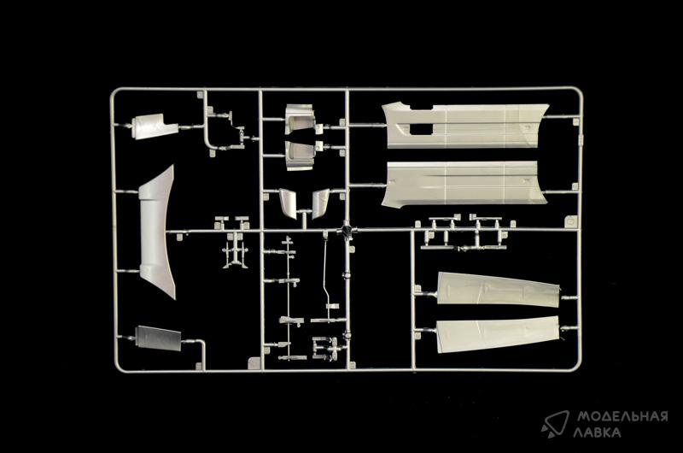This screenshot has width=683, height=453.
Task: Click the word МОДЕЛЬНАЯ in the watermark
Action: click(x=622, y=416)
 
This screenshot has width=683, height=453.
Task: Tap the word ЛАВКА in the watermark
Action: click(x=597, y=432)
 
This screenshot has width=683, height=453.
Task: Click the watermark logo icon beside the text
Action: click(x=555, y=424)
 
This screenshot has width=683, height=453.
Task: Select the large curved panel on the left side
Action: click(x=156, y=232)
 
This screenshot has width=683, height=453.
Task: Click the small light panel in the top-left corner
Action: click(x=155, y=126)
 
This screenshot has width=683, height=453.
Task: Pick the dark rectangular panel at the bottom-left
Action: click(x=158, y=338)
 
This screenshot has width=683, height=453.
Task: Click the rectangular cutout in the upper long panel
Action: click(x=421, y=128)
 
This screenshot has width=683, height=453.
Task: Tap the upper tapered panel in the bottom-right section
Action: click(x=498, y=290)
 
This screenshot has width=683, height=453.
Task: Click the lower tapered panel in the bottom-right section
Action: click(x=498, y=334)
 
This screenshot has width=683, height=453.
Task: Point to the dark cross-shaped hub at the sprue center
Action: click(x=347, y=229)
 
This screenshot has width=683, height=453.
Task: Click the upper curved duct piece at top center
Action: click(x=301, y=119)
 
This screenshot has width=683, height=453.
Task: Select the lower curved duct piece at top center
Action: click(x=300, y=155)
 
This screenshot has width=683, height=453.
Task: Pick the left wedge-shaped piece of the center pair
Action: click(x=289, y=203)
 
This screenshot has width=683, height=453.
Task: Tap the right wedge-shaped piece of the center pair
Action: click(x=320, y=203)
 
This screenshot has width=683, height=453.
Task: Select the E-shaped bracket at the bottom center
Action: click(x=324, y=349)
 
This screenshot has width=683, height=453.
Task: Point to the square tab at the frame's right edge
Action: click(x=570, y=221)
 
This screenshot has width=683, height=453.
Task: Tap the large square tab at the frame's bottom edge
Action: click(x=254, y=362)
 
